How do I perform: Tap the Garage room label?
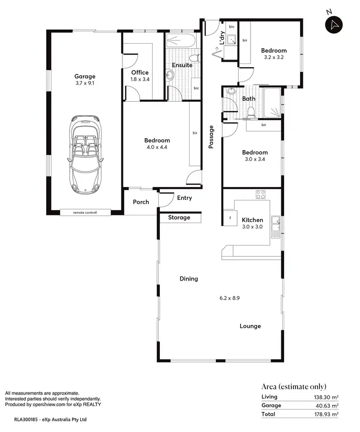(84, 76)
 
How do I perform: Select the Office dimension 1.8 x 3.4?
(140, 80)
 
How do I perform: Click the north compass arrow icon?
(335, 25)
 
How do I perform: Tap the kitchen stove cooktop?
(261, 195)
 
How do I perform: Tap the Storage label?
(179, 218)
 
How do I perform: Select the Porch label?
(141, 202)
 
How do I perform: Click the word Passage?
(211, 137)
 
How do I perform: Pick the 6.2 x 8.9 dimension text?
(229, 298)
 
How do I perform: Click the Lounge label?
(250, 326)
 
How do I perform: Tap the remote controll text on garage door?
(84, 212)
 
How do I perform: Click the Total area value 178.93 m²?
(326, 414)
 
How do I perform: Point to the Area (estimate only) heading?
(293, 386)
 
